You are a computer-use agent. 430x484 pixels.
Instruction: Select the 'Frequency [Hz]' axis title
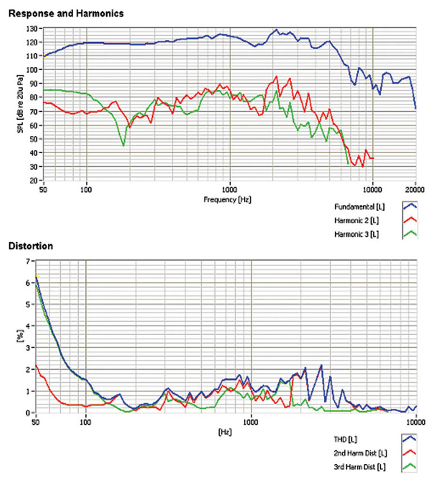[229, 199]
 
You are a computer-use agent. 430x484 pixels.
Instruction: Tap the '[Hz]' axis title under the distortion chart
[225, 433]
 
